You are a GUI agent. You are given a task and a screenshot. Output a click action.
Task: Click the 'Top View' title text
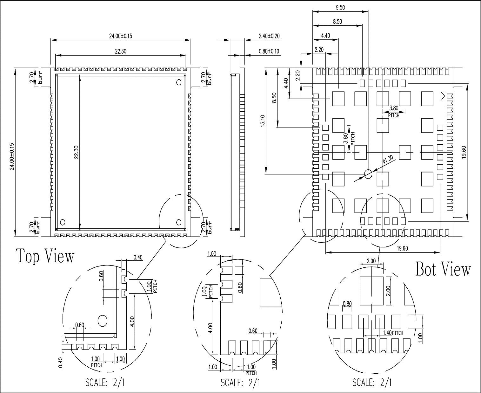(x=45, y=256)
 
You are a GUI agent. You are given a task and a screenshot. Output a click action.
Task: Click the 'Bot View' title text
(x=443, y=269)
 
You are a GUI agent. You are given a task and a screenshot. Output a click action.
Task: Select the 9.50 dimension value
(x=340, y=8)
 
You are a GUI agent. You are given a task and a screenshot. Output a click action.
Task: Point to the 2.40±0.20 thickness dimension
(x=269, y=36)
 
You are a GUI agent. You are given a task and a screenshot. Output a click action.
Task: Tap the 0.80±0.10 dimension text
(x=269, y=51)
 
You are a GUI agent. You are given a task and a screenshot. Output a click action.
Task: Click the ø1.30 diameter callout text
(x=388, y=159)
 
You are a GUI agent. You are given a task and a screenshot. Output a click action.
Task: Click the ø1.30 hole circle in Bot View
(x=368, y=174)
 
